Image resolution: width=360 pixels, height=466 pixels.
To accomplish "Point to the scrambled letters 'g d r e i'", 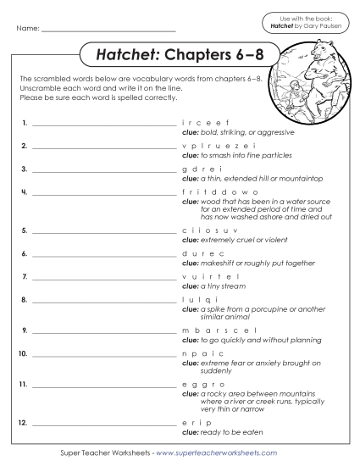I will coord(196,169).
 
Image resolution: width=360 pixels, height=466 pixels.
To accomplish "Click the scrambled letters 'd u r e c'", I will coord(196,252).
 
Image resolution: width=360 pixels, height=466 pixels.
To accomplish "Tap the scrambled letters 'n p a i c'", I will coord(196,352).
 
